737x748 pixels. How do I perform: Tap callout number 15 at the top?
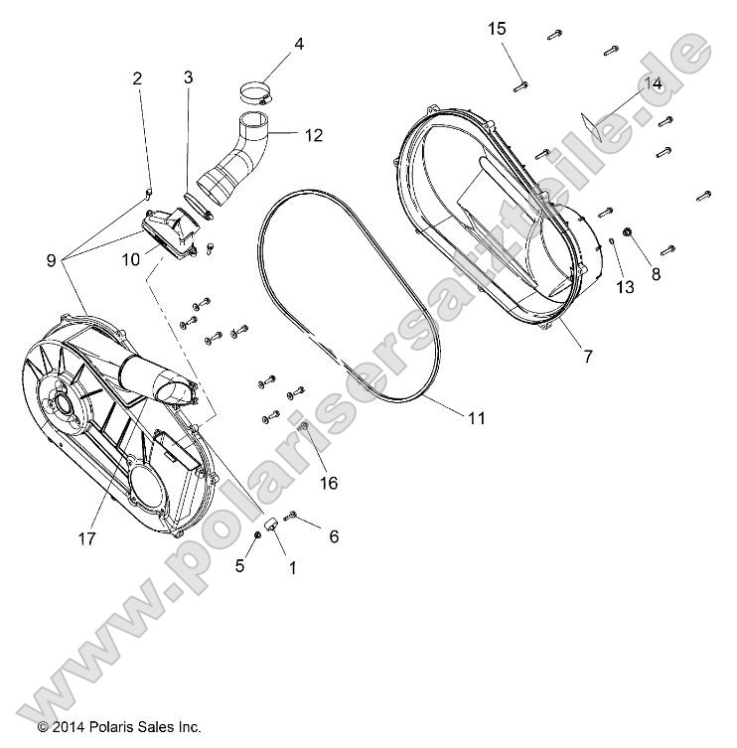point(497,29)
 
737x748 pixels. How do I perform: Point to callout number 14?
point(653,83)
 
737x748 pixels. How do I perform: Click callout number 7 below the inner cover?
point(587,356)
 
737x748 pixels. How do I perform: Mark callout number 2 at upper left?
point(137,78)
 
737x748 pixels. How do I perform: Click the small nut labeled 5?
point(258,534)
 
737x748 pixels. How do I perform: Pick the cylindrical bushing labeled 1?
point(269,524)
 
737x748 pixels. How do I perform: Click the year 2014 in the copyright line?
point(71,727)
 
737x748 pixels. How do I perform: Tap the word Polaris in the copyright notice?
point(117,727)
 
